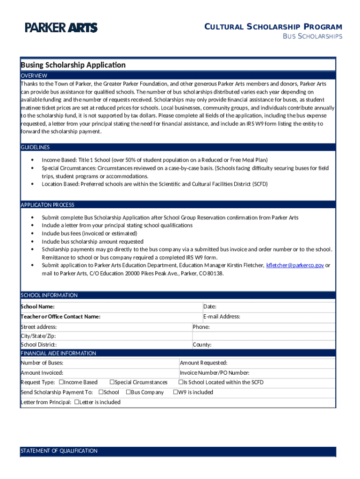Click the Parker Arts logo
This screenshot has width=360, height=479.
(61, 28)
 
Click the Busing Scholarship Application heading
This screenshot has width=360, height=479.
(73, 65)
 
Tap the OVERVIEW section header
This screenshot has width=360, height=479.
(34, 75)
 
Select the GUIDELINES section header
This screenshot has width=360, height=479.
(35, 147)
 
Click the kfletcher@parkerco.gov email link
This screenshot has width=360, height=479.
(295, 265)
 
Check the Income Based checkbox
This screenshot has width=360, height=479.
(61, 382)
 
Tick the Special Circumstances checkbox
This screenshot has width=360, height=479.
(112, 382)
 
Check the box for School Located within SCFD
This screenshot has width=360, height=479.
(180, 382)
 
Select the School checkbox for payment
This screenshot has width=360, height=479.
(101, 392)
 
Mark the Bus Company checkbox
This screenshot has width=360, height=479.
(130, 392)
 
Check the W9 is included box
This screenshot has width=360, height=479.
(176, 392)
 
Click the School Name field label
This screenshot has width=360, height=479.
(37, 306)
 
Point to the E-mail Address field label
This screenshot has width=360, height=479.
(222, 317)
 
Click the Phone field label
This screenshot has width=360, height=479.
(201, 327)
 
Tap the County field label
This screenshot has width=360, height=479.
(202, 345)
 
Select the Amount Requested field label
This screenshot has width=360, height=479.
(203, 363)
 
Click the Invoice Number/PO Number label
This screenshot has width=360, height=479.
(215, 373)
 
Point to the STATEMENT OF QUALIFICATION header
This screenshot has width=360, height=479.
(59, 451)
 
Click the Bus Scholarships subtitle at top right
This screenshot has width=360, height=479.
(313, 36)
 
